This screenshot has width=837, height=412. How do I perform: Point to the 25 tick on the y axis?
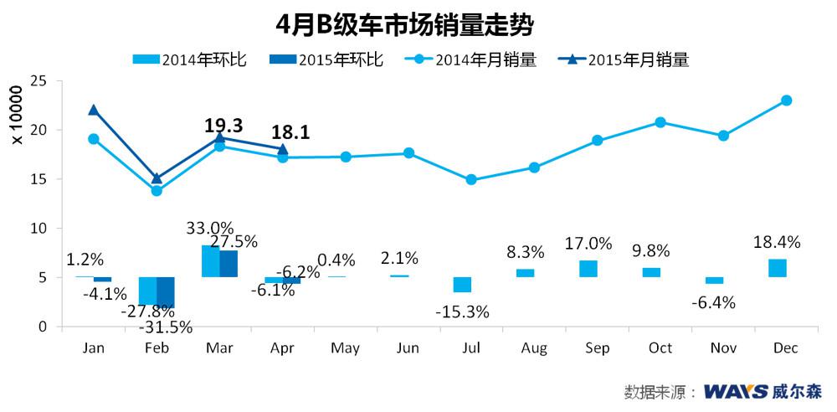pyautogui.click(x=37, y=80)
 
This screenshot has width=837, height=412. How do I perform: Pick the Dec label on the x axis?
pyautogui.click(x=785, y=348)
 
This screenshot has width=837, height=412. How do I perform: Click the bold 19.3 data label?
pyautogui.click(x=223, y=126)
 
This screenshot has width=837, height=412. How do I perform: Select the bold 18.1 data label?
pyautogui.click(x=290, y=132)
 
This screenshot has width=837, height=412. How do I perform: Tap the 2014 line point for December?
pyautogui.click(x=786, y=100)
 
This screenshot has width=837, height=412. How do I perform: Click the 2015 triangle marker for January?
pyautogui.click(x=94, y=110)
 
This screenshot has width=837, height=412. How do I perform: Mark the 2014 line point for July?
pyautogui.click(x=471, y=180)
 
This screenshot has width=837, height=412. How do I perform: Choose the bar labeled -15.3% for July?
pyautogui.click(x=462, y=285)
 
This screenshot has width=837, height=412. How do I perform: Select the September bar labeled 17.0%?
pyautogui.click(x=588, y=269)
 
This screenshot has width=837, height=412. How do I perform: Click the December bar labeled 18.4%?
pyautogui.click(x=778, y=268)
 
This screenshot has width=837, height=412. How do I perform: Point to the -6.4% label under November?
pyautogui.click(x=713, y=302)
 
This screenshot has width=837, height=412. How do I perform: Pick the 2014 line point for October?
pyautogui.click(x=660, y=122)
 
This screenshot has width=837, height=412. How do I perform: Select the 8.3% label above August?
pyautogui.click(x=525, y=251)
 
